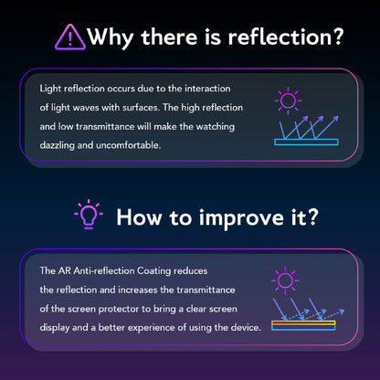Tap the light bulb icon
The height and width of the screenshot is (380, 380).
tap(89, 214)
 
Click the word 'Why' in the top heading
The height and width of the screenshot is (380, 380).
tap(111, 37)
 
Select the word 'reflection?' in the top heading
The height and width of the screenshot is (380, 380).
tap(286, 37)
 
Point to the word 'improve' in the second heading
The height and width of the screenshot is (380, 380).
tap(241, 218)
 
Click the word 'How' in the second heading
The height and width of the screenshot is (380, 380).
tap(139, 217)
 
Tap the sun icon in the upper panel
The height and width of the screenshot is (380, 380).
tap(288, 100)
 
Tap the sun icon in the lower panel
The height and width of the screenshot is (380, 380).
tap(285, 280)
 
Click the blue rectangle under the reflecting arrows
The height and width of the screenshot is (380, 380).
tap(306, 142)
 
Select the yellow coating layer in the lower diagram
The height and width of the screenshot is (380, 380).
tap(303, 323)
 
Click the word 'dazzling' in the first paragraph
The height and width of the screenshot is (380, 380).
tap(58, 145)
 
